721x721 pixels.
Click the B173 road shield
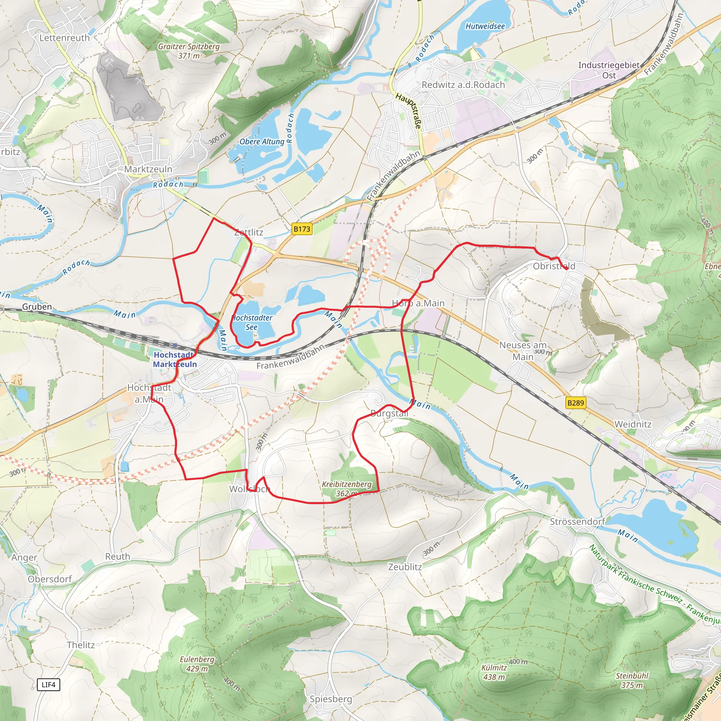pyautogui.click(x=302, y=229)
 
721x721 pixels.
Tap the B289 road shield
pyautogui.click(x=576, y=403)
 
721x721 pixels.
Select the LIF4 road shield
pyautogui.click(x=49, y=684)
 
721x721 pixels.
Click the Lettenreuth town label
pyautogui.click(x=64, y=38)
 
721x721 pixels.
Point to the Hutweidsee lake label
pyautogui.click(x=485, y=26)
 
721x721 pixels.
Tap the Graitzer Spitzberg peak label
pyautogui.click(x=189, y=51)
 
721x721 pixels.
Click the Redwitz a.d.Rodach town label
pyautogui.click(x=463, y=85)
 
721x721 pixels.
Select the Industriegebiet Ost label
pyautogui.click(x=609, y=70)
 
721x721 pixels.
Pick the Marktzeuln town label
pyautogui.click(x=148, y=169)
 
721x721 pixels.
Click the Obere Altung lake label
pyautogui.click(x=262, y=142)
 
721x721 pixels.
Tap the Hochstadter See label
pyautogui.click(x=252, y=322)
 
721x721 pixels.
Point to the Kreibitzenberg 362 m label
pyautogui.click(x=347, y=489)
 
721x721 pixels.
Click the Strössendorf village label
pyautogui.click(x=577, y=522)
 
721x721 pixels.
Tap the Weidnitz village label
pyautogui.click(x=633, y=424)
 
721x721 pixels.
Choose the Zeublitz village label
pyautogui.click(x=405, y=567)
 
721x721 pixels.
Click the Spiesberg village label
pyautogui.click(x=331, y=699)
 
